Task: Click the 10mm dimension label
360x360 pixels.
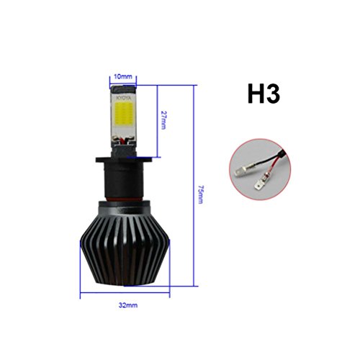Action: (123, 77)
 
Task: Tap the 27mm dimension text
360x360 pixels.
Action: (163, 120)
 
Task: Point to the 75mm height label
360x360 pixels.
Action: (201, 194)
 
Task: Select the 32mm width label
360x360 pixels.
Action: (128, 305)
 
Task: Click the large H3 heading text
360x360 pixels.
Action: (264, 94)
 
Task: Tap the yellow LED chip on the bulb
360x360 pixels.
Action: (123, 112)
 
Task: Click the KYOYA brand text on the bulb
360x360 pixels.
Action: (124, 98)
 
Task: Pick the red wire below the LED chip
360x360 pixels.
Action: (123, 141)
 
